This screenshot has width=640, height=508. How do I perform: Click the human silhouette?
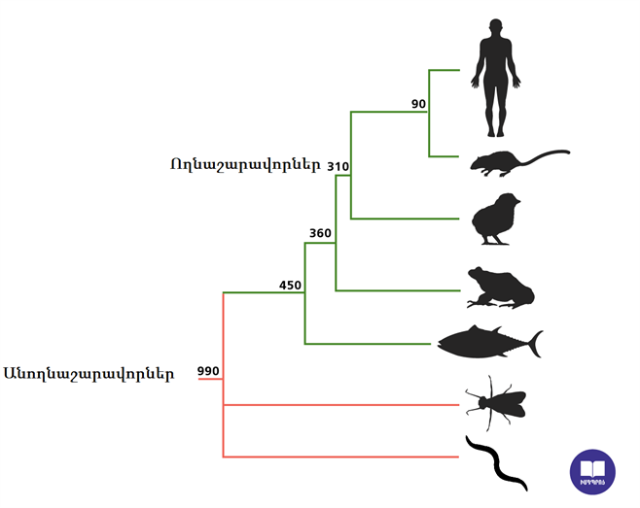[496, 78]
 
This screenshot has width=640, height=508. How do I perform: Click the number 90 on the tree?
[419, 104]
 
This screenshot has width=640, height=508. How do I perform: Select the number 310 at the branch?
[338, 166]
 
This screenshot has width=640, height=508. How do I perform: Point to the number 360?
[320, 233]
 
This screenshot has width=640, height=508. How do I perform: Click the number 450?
[290, 285]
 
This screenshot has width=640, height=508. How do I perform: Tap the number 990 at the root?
[208, 371]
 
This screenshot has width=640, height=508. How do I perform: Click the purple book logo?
[592, 472]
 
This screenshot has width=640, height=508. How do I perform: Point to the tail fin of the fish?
[533, 342]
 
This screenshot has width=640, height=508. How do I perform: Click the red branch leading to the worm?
[340, 457]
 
